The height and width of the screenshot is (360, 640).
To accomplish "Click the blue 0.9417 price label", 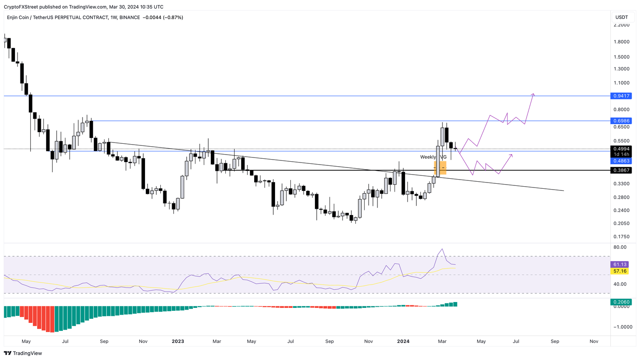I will [621, 96].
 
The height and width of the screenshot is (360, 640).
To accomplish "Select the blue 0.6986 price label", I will [621, 121].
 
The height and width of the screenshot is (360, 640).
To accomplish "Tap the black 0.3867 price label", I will [621, 170].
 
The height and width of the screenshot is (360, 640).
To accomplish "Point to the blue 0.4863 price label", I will [621, 161].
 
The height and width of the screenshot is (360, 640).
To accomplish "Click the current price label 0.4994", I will [621, 149].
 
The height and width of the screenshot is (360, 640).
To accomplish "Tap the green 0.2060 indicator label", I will [621, 302].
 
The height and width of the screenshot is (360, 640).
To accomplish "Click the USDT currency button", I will [622, 17].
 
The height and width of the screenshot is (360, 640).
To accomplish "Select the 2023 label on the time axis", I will [178, 341].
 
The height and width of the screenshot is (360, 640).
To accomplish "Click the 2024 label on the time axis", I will [403, 341].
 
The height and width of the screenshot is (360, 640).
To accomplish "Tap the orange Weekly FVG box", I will [440, 168].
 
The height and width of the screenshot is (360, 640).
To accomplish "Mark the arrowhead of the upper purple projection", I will [533, 94].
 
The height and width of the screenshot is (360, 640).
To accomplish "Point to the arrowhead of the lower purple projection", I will [511, 155].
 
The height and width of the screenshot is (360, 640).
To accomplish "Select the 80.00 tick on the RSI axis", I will [620, 247].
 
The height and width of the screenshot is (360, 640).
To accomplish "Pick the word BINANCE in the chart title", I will [130, 17].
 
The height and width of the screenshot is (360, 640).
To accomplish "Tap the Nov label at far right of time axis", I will [594, 341].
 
